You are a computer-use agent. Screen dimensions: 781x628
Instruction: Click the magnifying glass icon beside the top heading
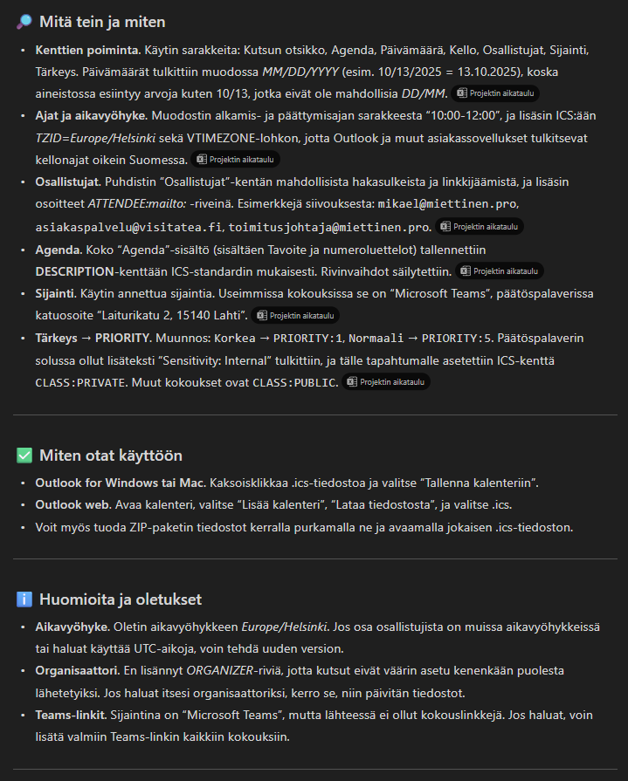(x=24, y=22)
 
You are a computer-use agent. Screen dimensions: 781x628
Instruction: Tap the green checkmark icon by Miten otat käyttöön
(x=24, y=456)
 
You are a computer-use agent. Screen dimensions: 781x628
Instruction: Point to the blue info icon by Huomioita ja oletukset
(x=24, y=599)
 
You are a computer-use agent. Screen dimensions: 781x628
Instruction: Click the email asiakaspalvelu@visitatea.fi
(x=129, y=227)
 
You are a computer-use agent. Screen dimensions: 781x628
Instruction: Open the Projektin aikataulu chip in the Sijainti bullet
(x=295, y=315)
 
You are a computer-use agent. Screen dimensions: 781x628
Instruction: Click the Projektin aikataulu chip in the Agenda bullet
(x=500, y=271)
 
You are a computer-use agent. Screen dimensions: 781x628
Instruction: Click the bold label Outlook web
(x=71, y=505)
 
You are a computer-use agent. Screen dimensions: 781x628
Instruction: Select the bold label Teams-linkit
(x=70, y=714)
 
